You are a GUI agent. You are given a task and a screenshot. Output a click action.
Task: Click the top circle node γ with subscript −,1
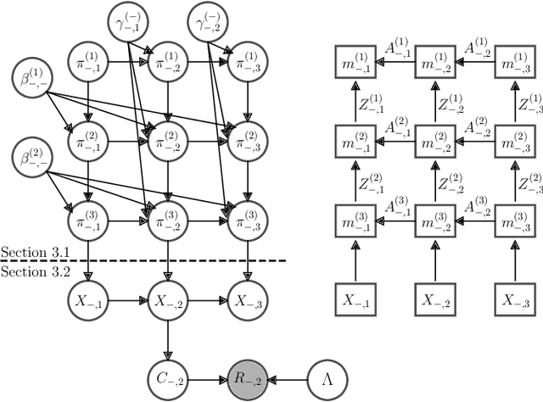pos(130,22)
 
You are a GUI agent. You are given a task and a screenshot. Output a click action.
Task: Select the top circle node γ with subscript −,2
pos(209,22)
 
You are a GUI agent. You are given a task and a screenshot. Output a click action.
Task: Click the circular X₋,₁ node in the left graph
pos(89,300)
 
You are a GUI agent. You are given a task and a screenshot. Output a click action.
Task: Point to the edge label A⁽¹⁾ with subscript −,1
pos(397,49)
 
